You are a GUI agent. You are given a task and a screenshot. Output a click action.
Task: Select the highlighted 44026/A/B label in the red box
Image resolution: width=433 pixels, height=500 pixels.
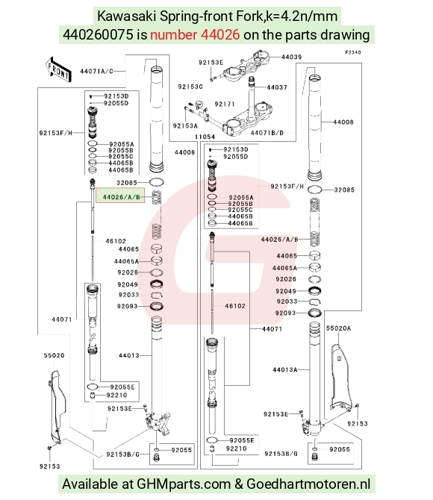(121, 197)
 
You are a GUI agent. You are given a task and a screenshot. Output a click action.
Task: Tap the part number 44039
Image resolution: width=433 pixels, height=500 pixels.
(291, 57)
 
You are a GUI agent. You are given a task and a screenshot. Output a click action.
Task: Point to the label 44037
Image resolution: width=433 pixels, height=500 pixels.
(277, 87)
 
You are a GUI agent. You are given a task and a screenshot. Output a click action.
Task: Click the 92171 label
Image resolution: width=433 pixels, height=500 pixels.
(224, 104)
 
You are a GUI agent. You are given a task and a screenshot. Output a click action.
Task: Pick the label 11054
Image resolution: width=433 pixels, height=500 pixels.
(205, 137)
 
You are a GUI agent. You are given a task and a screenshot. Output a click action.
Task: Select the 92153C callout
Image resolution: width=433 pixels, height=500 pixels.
(190, 87)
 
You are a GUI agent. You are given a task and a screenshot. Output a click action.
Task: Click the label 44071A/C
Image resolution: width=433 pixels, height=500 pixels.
(96, 71)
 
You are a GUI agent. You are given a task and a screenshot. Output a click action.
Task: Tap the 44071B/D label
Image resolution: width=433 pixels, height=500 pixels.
(267, 133)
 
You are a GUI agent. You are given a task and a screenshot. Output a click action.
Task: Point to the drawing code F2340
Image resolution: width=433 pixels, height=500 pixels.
(353, 52)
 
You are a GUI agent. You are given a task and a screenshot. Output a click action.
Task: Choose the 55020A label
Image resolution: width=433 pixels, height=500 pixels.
(338, 328)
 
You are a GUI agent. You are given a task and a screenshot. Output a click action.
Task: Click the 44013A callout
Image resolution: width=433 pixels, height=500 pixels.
(284, 369)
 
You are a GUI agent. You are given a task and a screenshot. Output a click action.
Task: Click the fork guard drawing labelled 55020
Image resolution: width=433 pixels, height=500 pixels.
(56, 407)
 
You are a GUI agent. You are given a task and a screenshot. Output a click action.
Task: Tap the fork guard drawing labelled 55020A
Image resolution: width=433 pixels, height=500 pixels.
(341, 376)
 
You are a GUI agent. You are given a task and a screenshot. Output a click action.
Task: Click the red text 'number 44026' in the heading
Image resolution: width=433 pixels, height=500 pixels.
(195, 34)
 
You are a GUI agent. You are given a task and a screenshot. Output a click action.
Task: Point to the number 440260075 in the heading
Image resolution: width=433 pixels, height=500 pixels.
(98, 34)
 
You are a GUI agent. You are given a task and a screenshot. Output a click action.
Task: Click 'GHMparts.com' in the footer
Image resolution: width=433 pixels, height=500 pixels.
(184, 484)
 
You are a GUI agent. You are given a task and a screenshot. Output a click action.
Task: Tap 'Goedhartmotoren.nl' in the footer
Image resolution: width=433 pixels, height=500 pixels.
(308, 484)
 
